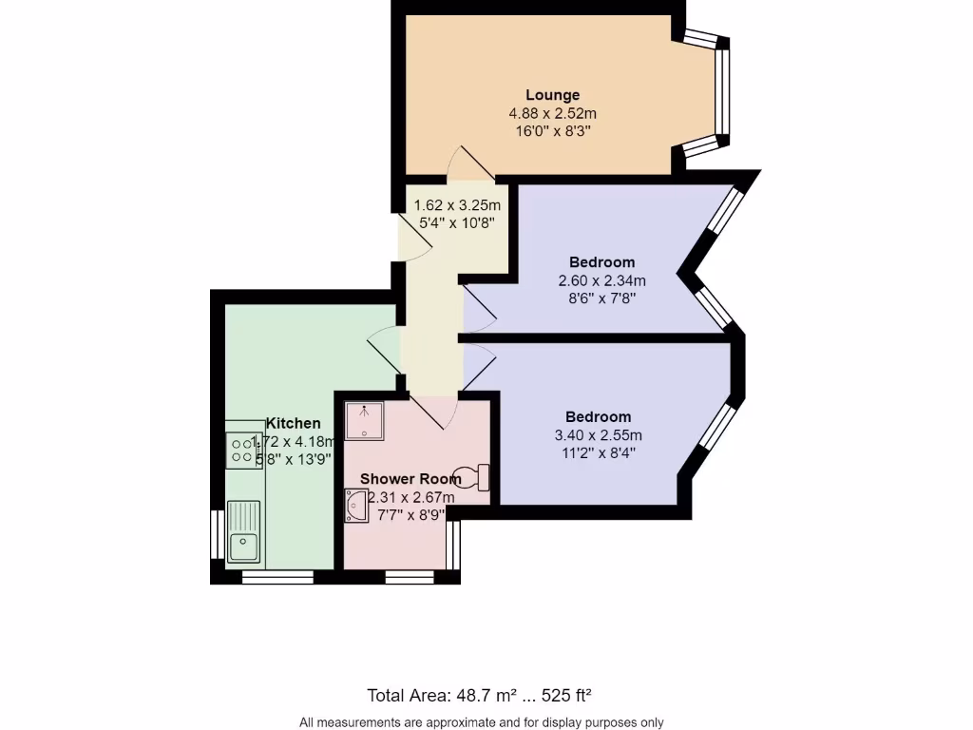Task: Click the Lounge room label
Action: point(552,95)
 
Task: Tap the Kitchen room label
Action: point(293,423)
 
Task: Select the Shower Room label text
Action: point(410,478)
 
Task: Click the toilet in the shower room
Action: point(472,475)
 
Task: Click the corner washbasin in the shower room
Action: point(357,506)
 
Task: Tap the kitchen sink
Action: point(243,545)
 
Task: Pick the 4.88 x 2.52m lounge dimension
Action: point(552,113)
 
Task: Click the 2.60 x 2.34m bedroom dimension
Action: point(601,280)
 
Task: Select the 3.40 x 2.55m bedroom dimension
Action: point(598,435)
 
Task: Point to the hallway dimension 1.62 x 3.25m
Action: point(457,205)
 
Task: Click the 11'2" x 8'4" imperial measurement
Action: point(598,452)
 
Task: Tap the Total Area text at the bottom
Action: point(486,695)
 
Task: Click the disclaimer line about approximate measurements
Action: point(481,722)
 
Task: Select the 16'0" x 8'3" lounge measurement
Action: point(552,131)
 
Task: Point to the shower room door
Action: point(435,409)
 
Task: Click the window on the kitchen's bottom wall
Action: point(277,576)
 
